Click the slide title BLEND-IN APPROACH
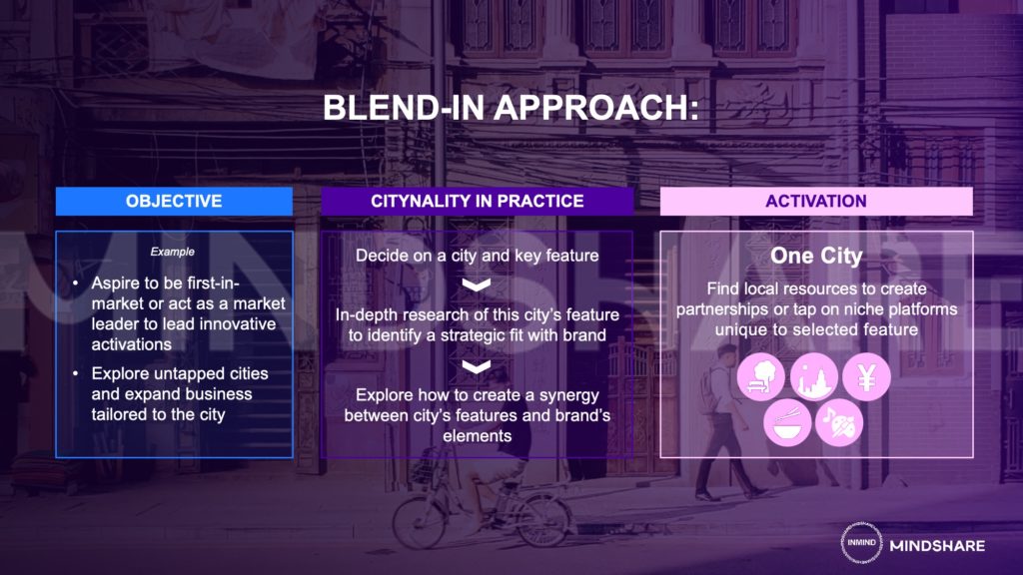click(511, 108)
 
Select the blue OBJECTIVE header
click(174, 201)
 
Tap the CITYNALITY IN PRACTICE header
click(477, 201)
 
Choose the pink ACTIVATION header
click(816, 201)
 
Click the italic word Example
click(172, 252)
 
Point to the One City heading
click(816, 256)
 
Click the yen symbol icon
click(866, 376)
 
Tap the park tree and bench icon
click(761, 376)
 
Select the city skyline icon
click(813, 376)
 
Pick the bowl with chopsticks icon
click(787, 423)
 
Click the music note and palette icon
click(839, 423)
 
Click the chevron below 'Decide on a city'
click(477, 285)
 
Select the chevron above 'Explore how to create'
click(477, 367)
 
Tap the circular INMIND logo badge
click(861, 542)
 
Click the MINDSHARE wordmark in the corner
click(937, 546)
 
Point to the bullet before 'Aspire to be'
click(76, 283)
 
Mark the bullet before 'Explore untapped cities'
click(76, 373)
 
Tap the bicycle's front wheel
click(542, 519)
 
